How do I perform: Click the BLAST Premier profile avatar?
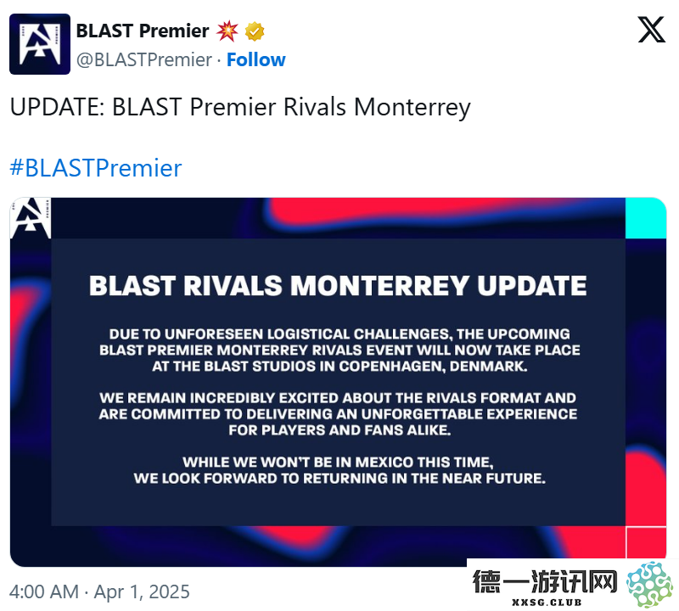[40, 44]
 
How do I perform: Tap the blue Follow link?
[256, 59]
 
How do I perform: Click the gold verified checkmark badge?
[255, 31]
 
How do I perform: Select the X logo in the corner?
[651, 30]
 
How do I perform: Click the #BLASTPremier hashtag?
[96, 168]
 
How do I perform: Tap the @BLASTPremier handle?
[144, 59]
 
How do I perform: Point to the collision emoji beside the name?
[227, 31]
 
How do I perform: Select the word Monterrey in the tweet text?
[412, 108]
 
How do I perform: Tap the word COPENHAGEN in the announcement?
[392, 367]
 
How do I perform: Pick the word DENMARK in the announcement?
[489, 367]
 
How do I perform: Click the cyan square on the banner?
[646, 218]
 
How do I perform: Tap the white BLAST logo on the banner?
[31, 218]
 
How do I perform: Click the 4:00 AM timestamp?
[44, 591]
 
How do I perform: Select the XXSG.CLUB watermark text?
[547, 603]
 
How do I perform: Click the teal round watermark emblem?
[650, 584]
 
